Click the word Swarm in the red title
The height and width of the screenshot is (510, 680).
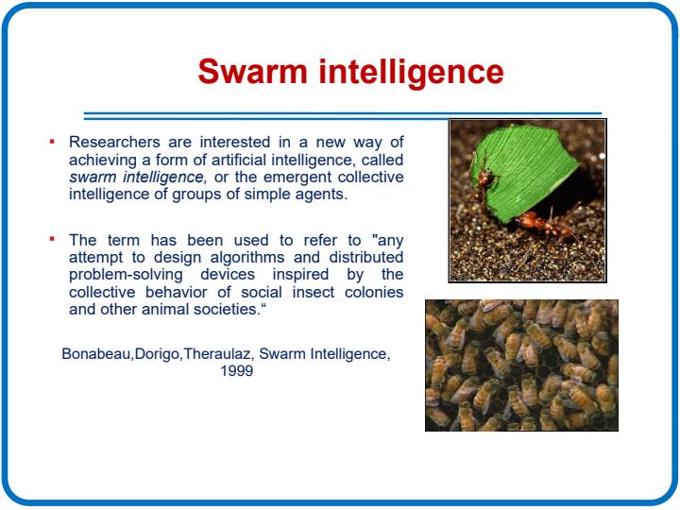[x=252, y=71]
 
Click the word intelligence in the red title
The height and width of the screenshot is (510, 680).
[x=412, y=74]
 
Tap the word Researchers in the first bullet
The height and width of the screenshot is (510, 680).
[x=114, y=142]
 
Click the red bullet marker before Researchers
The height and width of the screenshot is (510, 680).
[x=52, y=141]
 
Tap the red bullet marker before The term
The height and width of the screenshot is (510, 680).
[x=52, y=239]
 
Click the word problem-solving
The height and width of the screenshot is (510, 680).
[x=126, y=275]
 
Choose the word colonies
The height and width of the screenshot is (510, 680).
[x=374, y=292]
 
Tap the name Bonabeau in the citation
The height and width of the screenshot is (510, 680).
[x=95, y=354]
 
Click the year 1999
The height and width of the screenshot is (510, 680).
[x=237, y=371]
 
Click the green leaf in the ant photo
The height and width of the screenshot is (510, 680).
[x=529, y=174]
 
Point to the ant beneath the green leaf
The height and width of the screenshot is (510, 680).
[x=543, y=225]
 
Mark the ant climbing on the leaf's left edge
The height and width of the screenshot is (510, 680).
[x=484, y=182]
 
